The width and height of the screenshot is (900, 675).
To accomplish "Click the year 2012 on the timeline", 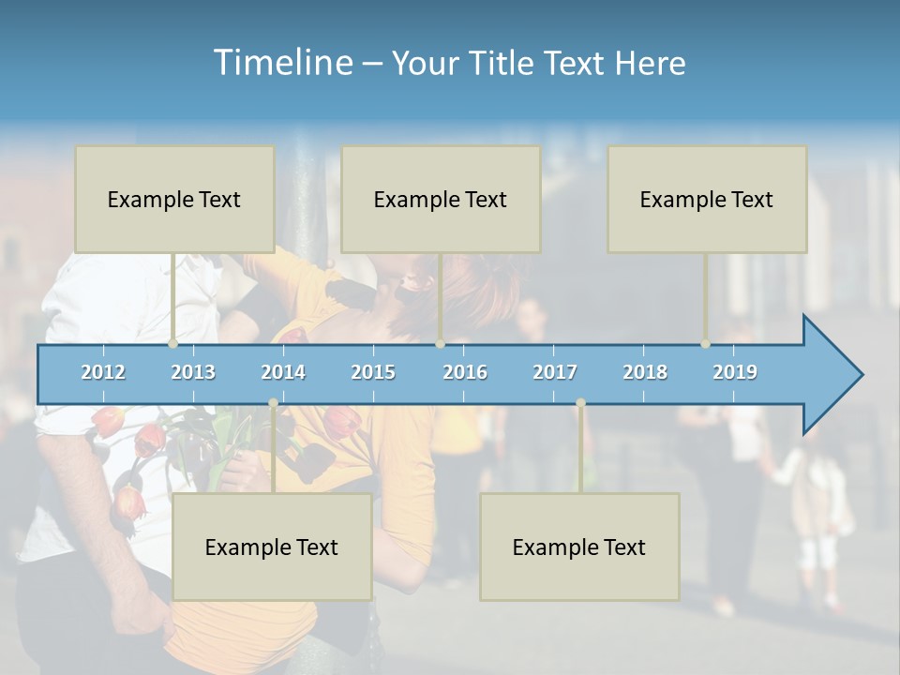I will [x=103, y=372].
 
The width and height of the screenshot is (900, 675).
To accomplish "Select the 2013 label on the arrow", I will [x=193, y=372].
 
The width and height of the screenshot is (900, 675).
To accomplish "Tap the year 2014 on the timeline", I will [x=283, y=372].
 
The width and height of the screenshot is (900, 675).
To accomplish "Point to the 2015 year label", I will [x=373, y=372].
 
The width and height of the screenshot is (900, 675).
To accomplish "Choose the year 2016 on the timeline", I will [x=465, y=372].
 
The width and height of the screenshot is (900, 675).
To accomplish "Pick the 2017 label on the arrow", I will [x=555, y=372].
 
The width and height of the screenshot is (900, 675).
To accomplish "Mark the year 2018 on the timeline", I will [x=645, y=372].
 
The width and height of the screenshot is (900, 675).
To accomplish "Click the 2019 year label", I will [x=735, y=372].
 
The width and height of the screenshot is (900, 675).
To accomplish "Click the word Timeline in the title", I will [x=280, y=63].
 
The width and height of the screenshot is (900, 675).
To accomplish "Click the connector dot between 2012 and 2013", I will [x=172, y=344].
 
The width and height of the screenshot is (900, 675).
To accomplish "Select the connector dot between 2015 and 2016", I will [x=440, y=344].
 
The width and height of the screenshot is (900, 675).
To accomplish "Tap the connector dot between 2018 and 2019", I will [x=706, y=344].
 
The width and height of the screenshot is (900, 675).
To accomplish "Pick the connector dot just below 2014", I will [x=273, y=403].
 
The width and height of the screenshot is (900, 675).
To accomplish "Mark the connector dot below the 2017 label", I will [x=580, y=403].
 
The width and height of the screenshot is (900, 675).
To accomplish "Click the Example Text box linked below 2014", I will [x=272, y=547].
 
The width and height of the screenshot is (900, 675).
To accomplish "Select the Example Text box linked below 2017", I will [x=579, y=547].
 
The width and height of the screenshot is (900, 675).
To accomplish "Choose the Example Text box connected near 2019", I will [x=707, y=199].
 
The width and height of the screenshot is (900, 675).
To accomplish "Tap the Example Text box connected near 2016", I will [x=441, y=199].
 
